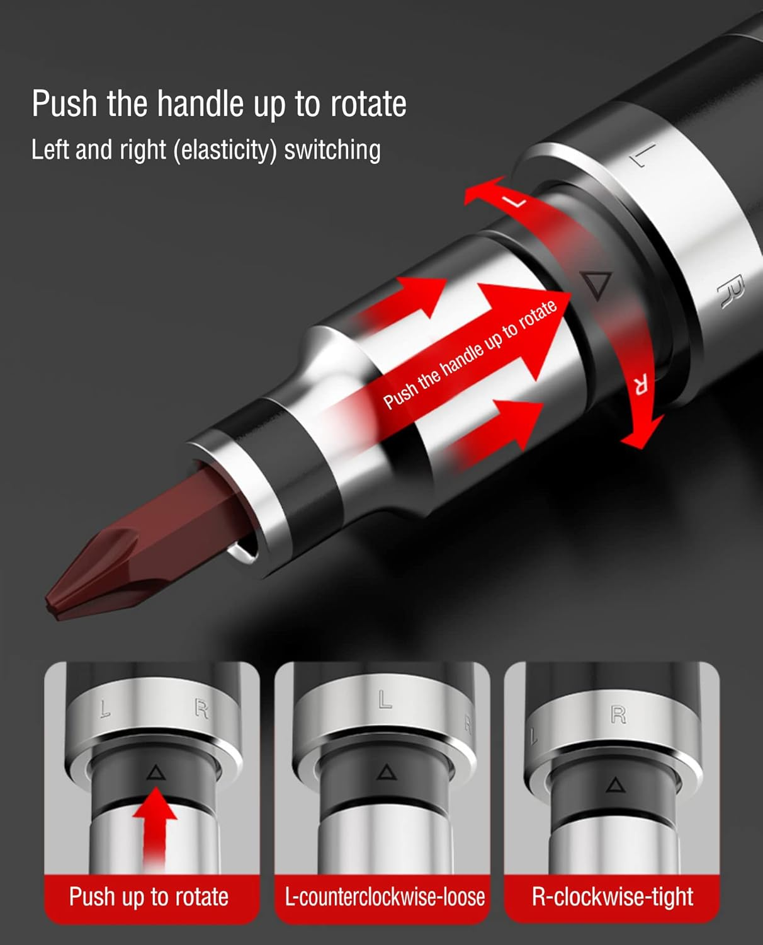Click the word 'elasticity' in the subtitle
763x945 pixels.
(225, 150)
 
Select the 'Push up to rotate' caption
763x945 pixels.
(149, 896)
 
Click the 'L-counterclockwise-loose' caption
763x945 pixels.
(385, 896)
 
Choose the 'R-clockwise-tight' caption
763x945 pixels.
(612, 896)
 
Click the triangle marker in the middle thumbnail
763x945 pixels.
(385, 772)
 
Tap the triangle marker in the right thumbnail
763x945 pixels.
(615, 785)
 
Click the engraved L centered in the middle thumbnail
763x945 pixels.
(385, 699)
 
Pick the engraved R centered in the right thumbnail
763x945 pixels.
(618, 714)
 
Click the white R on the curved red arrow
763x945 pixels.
(640, 384)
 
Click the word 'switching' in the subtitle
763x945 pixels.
(332, 150)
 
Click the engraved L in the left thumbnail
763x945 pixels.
(105, 709)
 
